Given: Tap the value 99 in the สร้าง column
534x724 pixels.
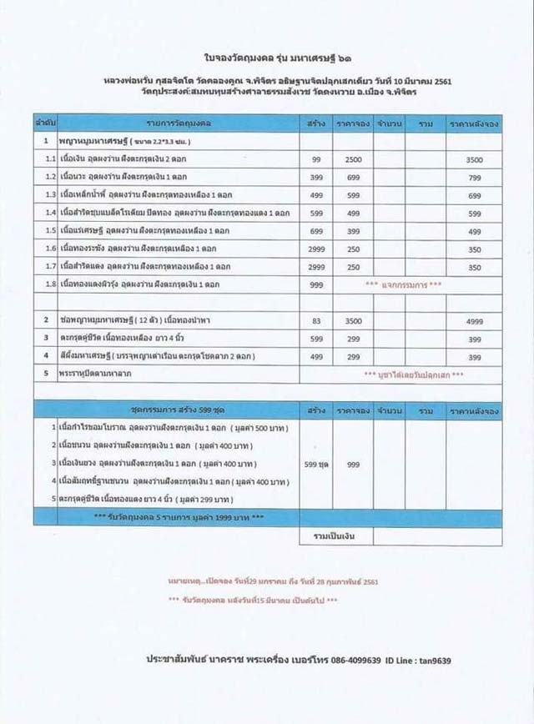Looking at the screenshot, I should pos(315,158).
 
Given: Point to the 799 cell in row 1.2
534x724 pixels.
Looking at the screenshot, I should pos(474,177).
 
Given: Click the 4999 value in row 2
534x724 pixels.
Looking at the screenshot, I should pos(474,320).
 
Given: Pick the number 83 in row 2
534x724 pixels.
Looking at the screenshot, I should pos(315,320).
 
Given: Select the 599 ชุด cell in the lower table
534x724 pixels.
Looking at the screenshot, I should pos(315,465).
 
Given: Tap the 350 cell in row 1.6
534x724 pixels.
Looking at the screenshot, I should pos(474,249).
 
